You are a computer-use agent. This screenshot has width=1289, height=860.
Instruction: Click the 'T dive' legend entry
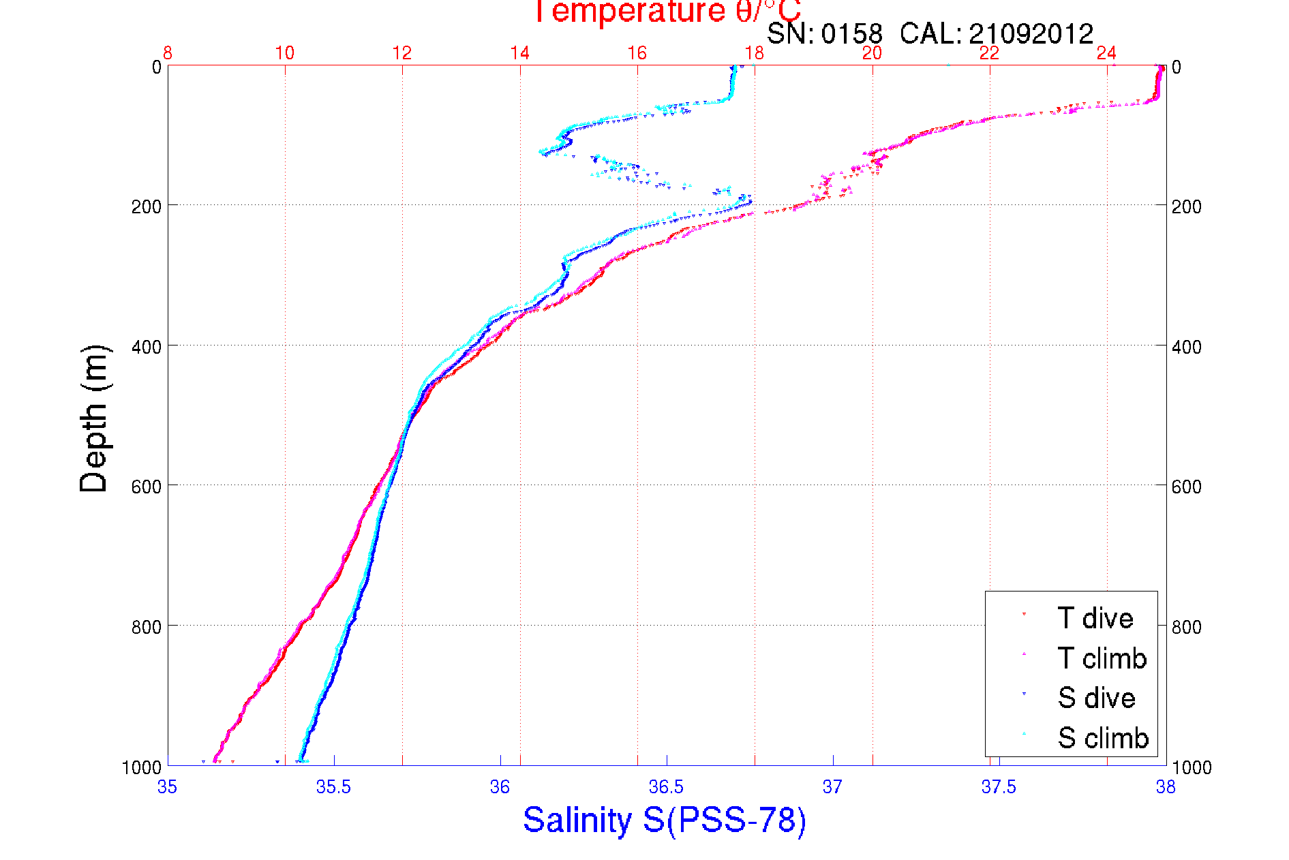[1095, 618]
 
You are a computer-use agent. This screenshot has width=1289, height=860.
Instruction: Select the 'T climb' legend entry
[1102, 658]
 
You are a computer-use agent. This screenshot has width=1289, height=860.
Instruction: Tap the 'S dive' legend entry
[1096, 698]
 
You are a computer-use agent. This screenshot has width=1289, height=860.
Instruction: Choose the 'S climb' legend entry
[1103, 738]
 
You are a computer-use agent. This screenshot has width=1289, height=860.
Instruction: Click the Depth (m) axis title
[94, 418]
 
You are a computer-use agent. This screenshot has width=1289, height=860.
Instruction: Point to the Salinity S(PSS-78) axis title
[665, 820]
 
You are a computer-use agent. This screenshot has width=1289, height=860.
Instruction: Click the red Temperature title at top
[667, 12]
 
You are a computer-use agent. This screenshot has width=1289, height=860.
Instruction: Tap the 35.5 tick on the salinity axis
[333, 787]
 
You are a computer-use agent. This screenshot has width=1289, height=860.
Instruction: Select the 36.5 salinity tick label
[666, 787]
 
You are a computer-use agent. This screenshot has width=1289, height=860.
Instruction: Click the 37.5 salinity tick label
[999, 787]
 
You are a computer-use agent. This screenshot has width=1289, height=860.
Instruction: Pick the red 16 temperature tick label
[637, 53]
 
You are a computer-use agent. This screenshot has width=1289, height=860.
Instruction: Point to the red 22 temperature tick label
[989, 53]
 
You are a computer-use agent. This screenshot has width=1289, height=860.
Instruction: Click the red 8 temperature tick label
[167, 53]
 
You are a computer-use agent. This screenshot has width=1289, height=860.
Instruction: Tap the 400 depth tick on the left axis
[146, 346]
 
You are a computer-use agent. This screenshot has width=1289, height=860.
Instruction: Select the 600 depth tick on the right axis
[1186, 487]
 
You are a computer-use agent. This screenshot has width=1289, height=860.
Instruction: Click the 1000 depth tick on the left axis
[141, 767]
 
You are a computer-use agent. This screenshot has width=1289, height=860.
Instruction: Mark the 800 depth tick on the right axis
[1186, 627]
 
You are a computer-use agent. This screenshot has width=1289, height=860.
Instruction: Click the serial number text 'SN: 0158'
[824, 34]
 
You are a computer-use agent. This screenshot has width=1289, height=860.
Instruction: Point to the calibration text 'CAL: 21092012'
[997, 34]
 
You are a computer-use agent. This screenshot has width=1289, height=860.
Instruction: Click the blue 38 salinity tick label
[1165, 787]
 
